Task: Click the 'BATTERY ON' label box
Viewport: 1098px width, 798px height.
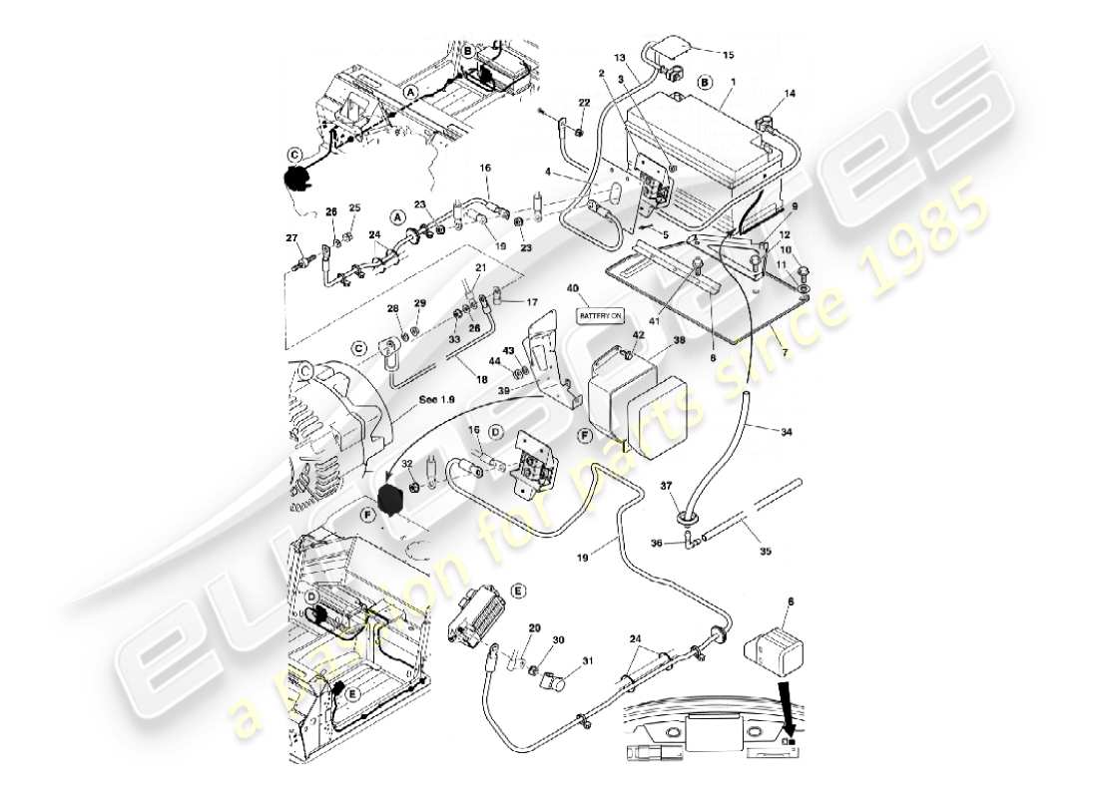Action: pos(600,315)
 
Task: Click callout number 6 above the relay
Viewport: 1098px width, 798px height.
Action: pos(791,603)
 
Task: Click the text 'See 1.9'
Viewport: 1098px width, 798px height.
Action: pos(436,400)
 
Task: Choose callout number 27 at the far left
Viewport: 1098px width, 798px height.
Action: pos(292,237)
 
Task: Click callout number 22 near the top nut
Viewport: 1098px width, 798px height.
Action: pos(584,104)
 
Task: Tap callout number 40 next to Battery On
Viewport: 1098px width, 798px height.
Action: pos(573,290)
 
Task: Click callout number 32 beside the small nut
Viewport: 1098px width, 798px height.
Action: pos(406,464)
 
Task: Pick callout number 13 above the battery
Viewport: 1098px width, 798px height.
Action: pos(618,58)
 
